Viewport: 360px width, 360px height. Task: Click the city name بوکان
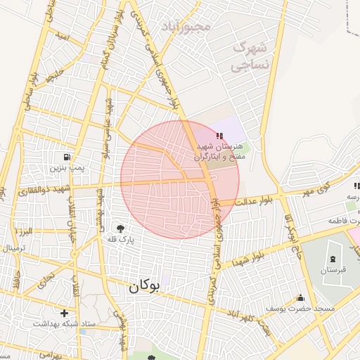coord(145,286)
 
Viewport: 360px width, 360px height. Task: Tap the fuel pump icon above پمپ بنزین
coord(67,157)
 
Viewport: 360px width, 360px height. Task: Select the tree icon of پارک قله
coord(120,229)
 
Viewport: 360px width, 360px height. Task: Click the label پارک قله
coord(120,240)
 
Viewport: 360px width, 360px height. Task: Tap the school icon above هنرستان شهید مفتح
coord(220,135)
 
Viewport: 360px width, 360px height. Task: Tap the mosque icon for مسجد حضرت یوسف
coord(301,297)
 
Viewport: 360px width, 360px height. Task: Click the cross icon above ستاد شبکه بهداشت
coord(64,313)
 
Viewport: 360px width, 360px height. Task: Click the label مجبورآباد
coord(186,27)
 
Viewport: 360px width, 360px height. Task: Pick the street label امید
coord(63,35)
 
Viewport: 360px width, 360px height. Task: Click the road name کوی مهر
coord(312,189)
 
